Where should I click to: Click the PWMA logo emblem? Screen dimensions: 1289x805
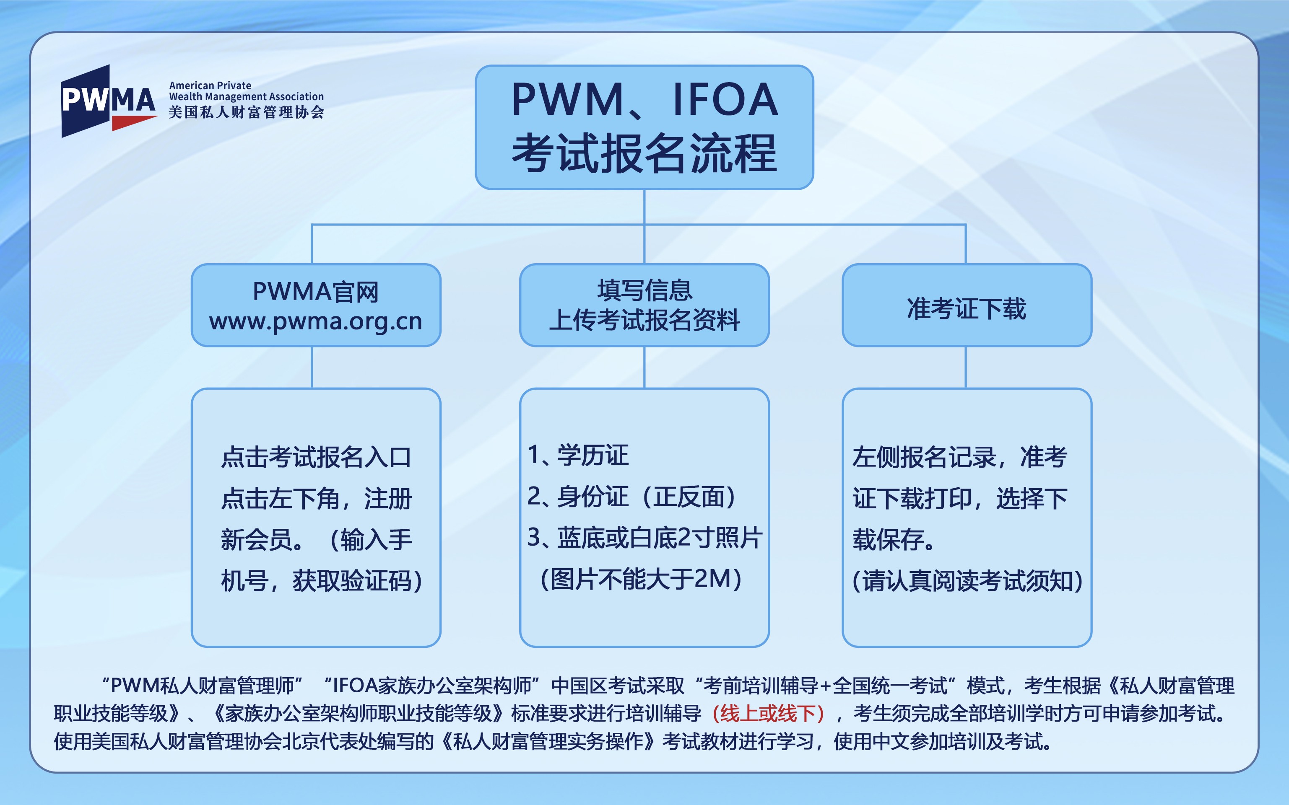coord(109,101)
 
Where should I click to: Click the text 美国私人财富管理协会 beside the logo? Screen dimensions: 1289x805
coord(246,112)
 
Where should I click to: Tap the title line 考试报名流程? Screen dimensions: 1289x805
coord(644,153)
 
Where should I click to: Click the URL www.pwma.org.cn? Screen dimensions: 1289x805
coord(316,321)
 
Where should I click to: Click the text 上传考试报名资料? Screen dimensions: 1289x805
coord(644,321)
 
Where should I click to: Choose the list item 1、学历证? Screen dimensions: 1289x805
coord(578,455)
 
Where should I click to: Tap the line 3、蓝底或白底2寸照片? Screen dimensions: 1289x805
coord(644,538)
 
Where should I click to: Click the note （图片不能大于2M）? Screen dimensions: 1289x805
coord(641,579)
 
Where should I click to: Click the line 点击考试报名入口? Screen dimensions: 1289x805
coord(317,457)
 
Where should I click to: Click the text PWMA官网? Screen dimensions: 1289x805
coord(316,292)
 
